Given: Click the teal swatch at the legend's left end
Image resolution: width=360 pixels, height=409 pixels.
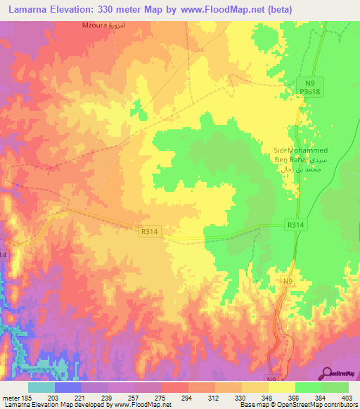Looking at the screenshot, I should [41, 387].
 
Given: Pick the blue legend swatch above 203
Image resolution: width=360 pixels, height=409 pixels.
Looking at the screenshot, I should [68, 387].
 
